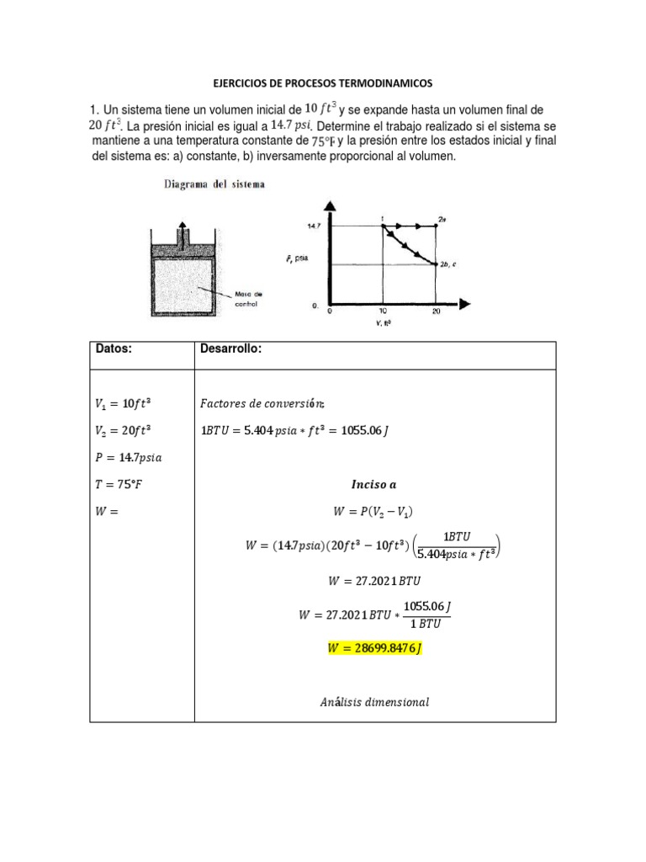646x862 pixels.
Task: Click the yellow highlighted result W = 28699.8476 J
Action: [x=374, y=648]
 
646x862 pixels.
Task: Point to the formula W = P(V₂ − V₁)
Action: [x=374, y=512]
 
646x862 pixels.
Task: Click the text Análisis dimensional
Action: [x=374, y=702]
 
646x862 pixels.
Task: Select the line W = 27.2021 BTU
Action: [x=374, y=580]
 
